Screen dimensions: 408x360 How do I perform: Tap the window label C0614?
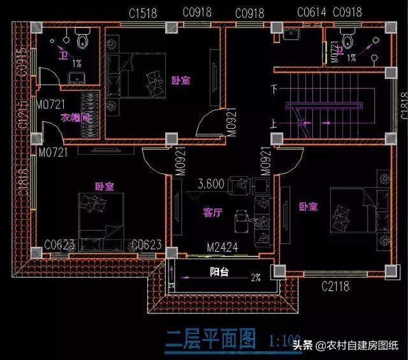[x=310, y=11]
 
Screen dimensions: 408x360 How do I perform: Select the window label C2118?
[x=335, y=286]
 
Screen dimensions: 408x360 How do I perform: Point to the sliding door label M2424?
[x=222, y=246]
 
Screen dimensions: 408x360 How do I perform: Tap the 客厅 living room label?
[x=212, y=213]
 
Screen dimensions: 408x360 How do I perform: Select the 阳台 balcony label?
[x=221, y=271]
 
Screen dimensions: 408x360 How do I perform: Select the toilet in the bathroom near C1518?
[x=82, y=40]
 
